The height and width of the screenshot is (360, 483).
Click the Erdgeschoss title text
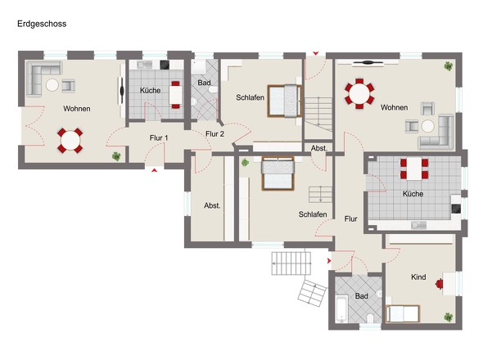pos(42,24)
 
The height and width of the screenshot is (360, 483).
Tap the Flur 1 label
pos(159,138)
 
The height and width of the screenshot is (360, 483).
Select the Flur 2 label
pos(214,134)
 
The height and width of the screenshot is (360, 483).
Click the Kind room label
pos(418,277)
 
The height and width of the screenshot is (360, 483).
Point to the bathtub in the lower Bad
pos(341,308)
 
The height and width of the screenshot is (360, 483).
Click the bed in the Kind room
pos(404,314)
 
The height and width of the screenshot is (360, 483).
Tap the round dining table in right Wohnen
pos(359,93)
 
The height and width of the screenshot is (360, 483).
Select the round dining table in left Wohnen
pos(70,141)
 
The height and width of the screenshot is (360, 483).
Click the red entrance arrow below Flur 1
pos(155,170)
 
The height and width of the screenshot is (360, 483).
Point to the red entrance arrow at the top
pos(316,53)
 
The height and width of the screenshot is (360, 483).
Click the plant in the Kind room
pos(448,317)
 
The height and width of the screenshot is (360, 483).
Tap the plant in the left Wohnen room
pos(116,156)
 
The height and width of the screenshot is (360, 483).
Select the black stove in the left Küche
pos(165,65)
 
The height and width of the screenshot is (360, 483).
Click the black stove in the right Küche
pos(456,209)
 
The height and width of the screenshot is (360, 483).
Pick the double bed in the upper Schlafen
pos(284,101)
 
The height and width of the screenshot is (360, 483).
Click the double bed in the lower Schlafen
pos(278,173)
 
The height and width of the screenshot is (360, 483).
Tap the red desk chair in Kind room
pos(439,284)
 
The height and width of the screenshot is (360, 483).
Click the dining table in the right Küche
pos(414,169)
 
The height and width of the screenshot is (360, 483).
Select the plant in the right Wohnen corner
pos(449,66)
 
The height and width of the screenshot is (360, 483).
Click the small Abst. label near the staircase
pos(318,148)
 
